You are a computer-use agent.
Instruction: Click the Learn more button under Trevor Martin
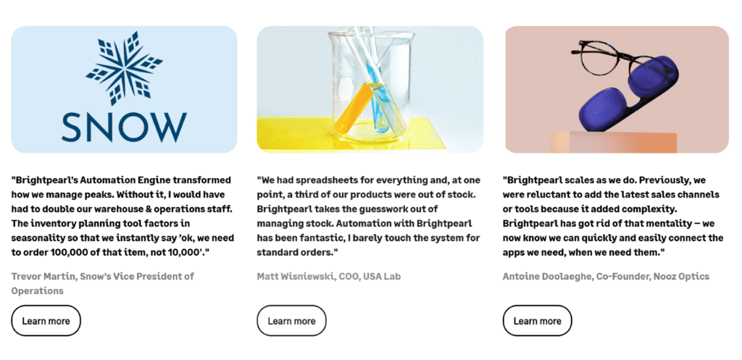(46, 321)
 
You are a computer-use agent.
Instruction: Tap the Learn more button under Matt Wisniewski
(291, 321)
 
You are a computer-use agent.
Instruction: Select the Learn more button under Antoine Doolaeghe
(537, 321)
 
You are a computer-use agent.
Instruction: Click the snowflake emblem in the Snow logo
(124, 68)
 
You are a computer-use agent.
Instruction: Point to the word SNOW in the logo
(124, 127)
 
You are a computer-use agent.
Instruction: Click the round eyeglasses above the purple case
(610, 62)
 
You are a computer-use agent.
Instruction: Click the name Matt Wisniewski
(296, 276)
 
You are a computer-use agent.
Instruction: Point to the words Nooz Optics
(681, 276)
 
